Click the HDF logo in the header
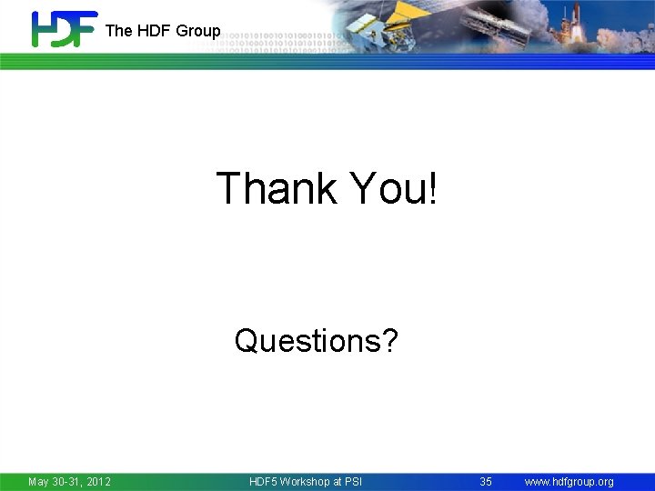click(x=64, y=29)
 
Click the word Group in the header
click(x=198, y=31)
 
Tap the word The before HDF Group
click(x=118, y=31)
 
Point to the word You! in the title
click(x=394, y=188)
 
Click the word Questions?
click(x=316, y=341)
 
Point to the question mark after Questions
click(x=389, y=341)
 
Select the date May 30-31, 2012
click(x=69, y=481)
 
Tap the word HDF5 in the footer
click(x=266, y=481)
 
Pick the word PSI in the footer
click(x=353, y=481)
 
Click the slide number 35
click(x=486, y=481)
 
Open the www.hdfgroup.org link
click(x=569, y=481)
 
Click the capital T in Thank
click(x=228, y=188)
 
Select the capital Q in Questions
click(x=246, y=341)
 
